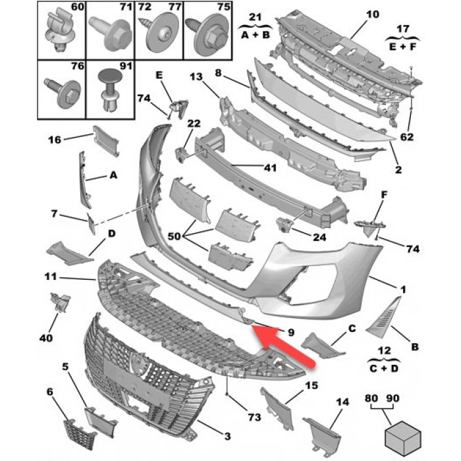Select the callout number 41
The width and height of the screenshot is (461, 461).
coord(270,167)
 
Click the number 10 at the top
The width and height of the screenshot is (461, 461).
coord(373,14)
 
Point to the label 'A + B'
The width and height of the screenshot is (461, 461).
coord(255,35)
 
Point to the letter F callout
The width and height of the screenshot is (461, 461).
coord(385,196)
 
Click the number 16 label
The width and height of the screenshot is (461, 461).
coord(55,139)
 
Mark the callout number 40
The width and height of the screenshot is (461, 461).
coord(45,339)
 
